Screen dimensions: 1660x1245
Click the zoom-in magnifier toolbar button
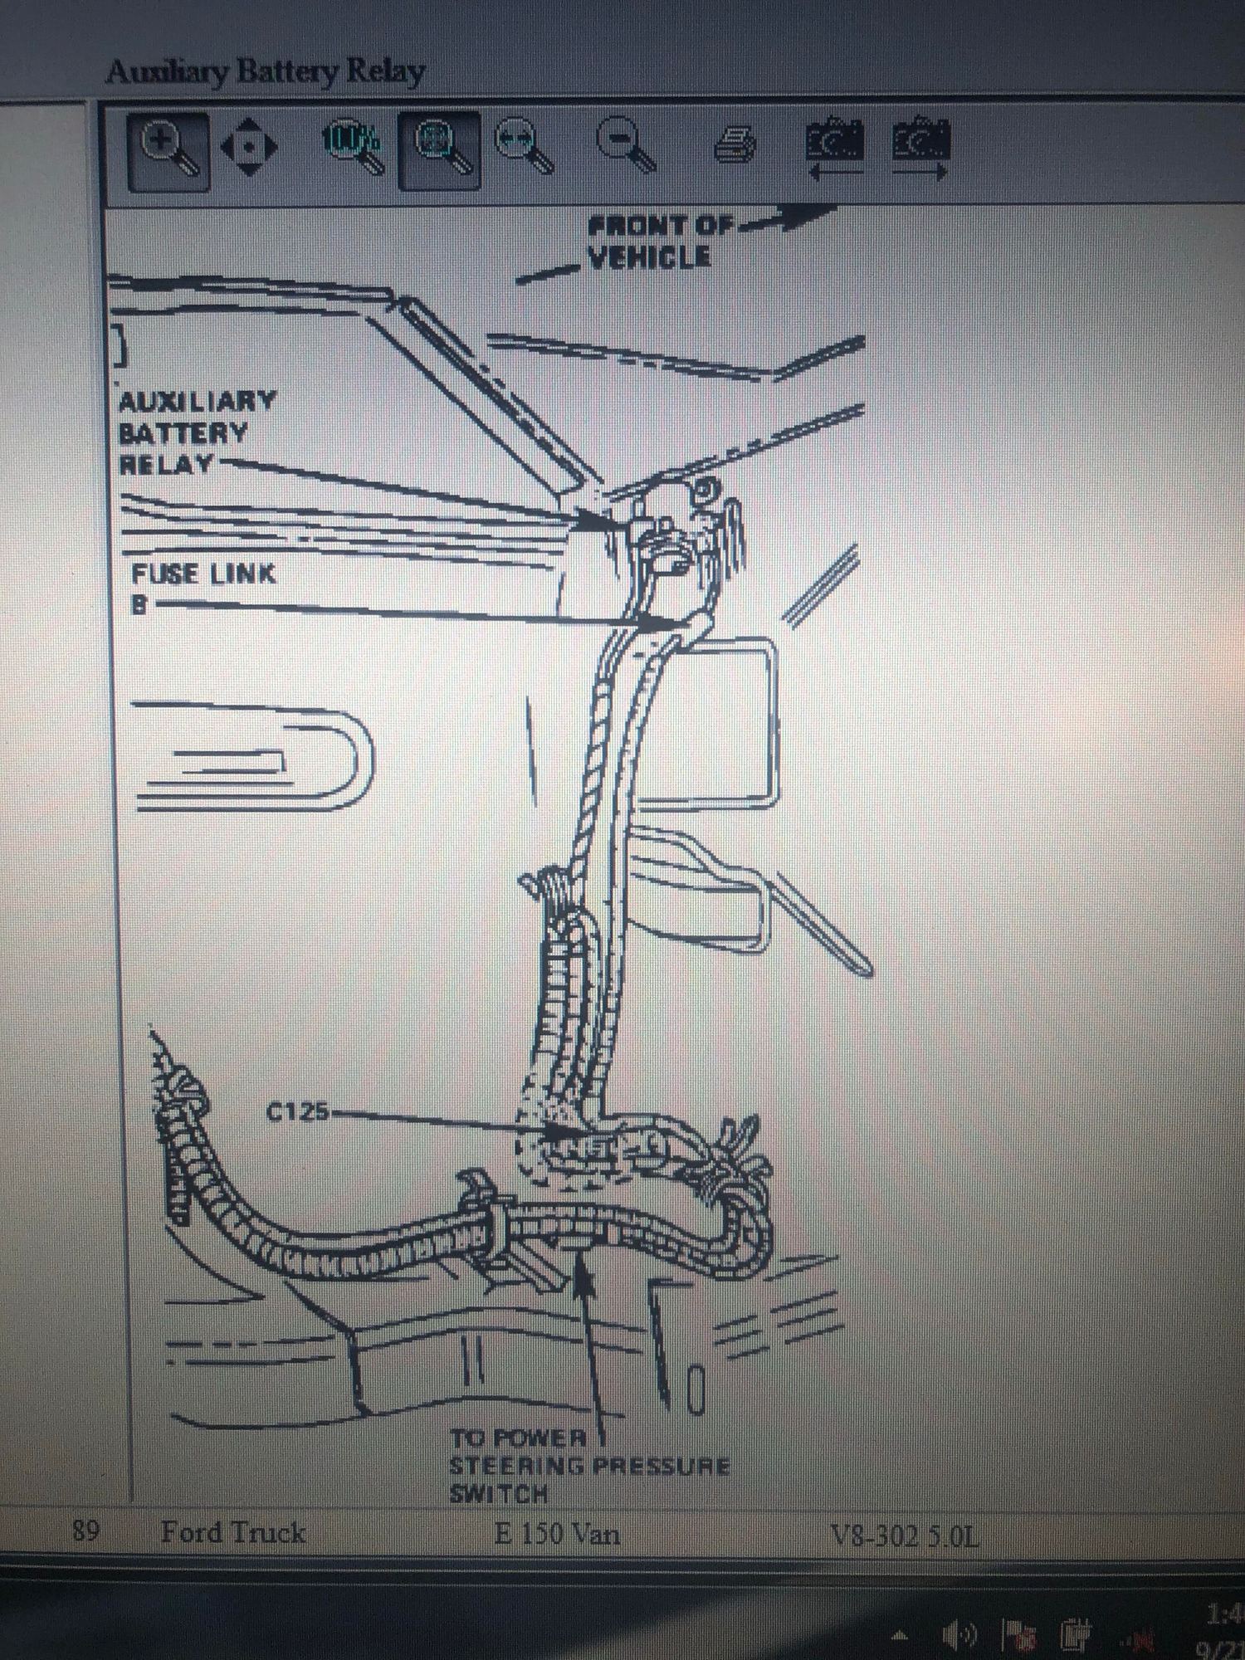(168, 150)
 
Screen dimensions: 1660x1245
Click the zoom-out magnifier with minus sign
(627, 147)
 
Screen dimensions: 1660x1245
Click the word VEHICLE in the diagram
(650, 257)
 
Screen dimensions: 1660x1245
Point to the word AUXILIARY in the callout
(197, 402)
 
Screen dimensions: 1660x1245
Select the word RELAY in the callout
(166, 464)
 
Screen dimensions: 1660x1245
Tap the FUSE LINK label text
(203, 574)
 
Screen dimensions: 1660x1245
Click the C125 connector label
(297, 1111)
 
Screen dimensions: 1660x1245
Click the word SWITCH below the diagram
(498, 1494)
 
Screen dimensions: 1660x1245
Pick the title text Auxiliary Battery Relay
(266, 72)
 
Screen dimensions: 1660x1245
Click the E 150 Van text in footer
(557, 1532)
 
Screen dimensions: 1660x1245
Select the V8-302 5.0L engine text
(905, 1536)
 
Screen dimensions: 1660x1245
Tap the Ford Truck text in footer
(233, 1531)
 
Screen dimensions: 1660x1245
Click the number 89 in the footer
(85, 1530)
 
